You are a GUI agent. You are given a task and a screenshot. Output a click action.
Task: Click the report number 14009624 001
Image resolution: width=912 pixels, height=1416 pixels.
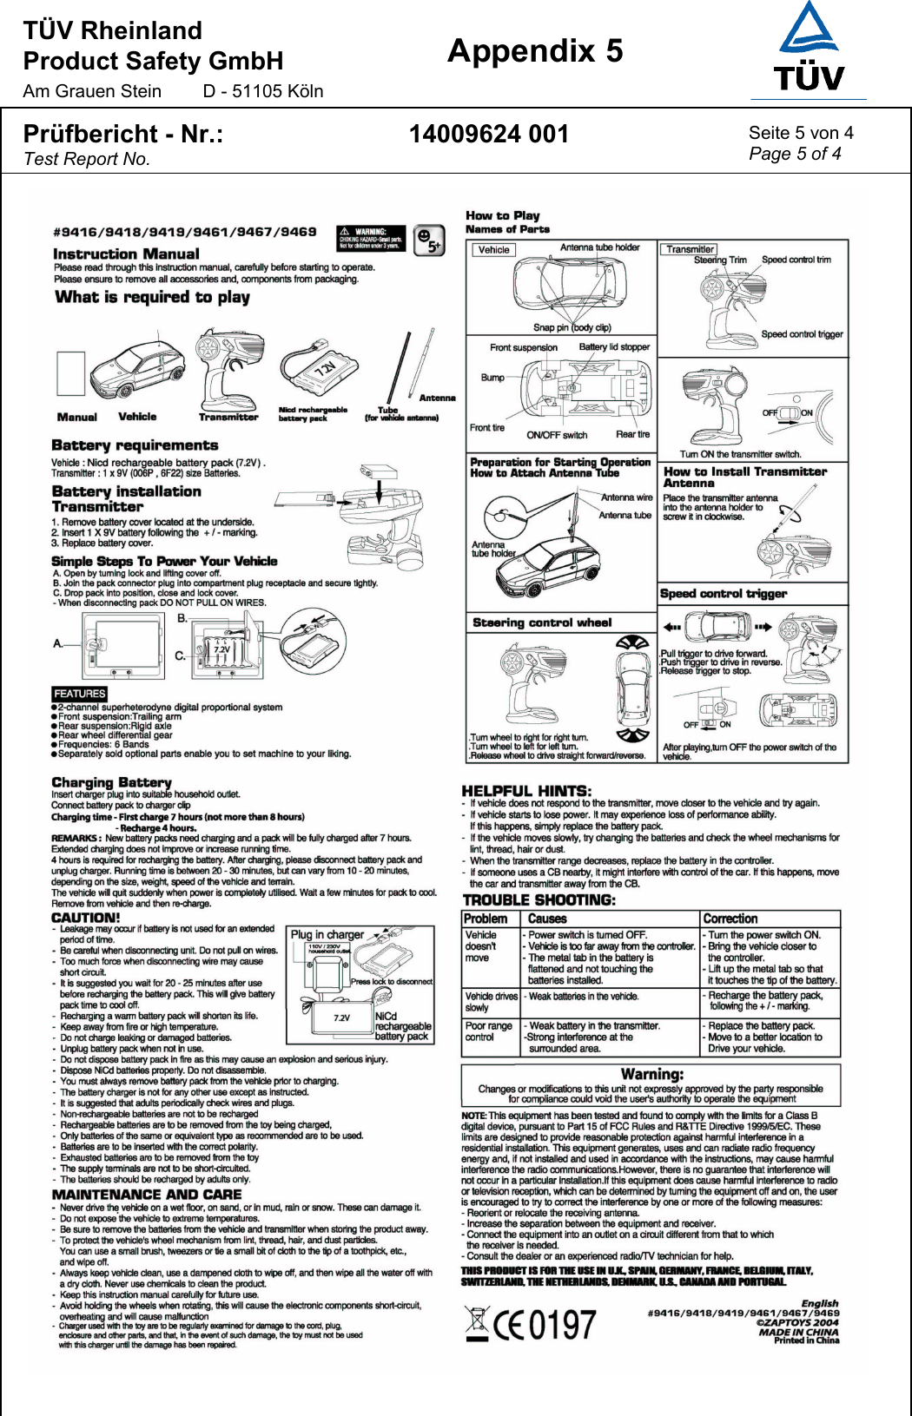[x=488, y=135]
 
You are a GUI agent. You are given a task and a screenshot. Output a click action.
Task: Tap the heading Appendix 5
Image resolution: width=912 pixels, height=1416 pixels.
[x=535, y=51]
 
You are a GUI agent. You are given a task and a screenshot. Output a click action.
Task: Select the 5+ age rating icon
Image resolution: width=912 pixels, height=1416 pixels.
[x=429, y=240]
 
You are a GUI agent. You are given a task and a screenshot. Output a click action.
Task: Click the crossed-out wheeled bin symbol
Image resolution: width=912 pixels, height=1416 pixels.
[x=476, y=1323]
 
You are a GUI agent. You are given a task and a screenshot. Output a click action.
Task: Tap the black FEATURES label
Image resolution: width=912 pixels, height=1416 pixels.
[x=79, y=694]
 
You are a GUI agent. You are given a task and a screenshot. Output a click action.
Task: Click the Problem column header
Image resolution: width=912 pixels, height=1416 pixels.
[x=486, y=919]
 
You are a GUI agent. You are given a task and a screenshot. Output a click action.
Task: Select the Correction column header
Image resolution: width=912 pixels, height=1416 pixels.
[x=730, y=919]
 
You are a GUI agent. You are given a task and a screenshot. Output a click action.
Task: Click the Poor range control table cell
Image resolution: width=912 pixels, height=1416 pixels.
[x=489, y=1031]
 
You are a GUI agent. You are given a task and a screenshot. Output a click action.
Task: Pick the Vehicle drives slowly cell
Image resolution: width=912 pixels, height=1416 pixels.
[x=491, y=1002]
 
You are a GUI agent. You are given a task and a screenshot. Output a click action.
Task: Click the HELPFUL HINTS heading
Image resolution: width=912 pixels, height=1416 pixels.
[x=526, y=791]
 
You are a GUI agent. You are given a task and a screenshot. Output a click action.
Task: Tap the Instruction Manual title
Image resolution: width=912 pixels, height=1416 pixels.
[x=126, y=254]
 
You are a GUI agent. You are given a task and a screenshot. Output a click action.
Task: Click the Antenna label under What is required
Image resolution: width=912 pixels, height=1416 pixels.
[x=437, y=398]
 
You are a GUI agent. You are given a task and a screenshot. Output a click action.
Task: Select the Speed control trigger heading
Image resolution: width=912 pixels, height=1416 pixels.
[x=724, y=594]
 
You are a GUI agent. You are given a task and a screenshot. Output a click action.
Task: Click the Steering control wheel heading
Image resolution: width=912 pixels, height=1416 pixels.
[x=542, y=622]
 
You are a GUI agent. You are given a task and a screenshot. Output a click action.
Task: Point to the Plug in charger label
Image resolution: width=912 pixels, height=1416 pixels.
[x=327, y=934]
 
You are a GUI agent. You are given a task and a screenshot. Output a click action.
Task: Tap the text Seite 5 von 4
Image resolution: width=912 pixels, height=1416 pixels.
[x=801, y=133]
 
